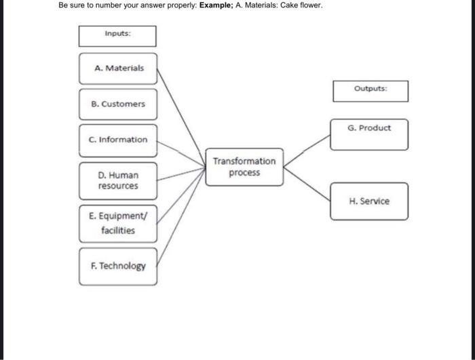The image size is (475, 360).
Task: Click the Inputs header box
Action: [117, 36]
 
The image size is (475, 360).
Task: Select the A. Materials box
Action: [118, 68]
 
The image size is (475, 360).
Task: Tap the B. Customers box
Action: [118, 104]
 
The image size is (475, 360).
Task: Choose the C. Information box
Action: [118, 140]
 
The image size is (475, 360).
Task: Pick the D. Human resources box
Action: [118, 180]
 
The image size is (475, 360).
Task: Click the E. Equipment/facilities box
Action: [118, 224]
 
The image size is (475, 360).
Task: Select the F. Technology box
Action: [118, 266]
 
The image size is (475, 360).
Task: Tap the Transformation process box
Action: [244, 167]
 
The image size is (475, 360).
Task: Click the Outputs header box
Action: [370, 90]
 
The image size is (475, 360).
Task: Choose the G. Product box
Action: [369, 133]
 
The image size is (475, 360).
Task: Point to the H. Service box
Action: [369, 201]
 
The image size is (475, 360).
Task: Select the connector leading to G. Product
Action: [307, 150]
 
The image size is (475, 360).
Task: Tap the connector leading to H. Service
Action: [307, 183]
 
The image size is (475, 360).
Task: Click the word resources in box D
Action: [118, 186]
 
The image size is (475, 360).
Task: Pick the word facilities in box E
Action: [118, 231]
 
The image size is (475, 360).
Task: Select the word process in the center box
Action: [244, 173]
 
